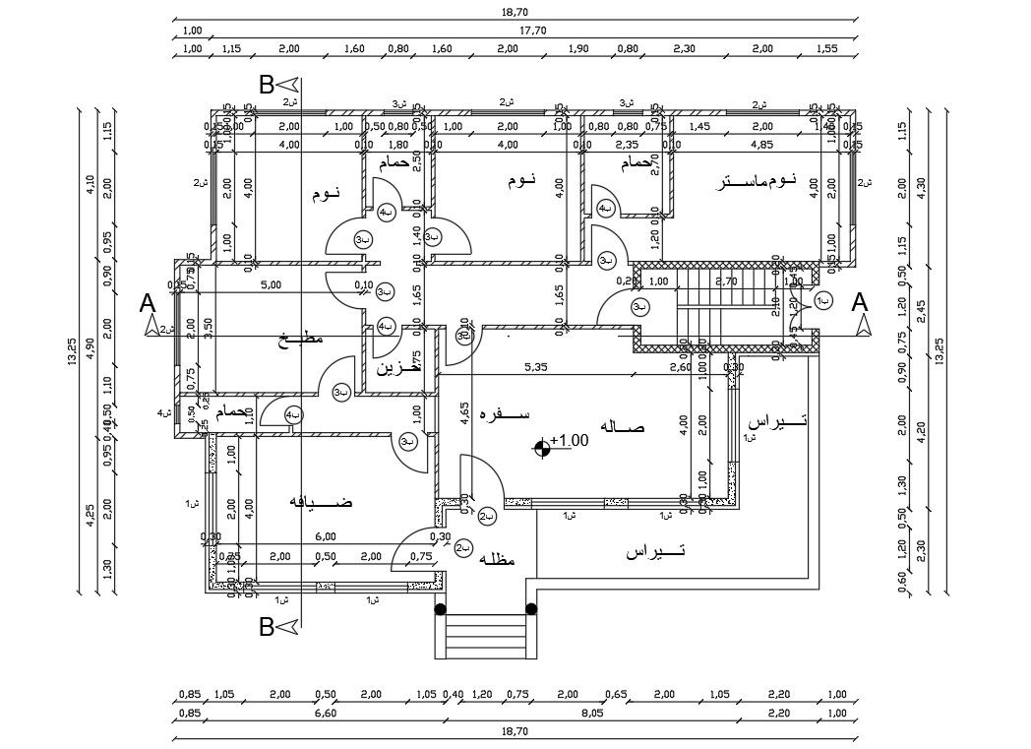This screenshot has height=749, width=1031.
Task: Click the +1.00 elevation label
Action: (570, 441)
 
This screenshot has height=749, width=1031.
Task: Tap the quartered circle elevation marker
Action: (540, 449)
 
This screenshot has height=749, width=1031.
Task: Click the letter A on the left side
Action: (148, 303)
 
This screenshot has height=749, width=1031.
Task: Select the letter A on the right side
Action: (860, 303)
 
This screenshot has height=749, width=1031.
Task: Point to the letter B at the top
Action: (266, 85)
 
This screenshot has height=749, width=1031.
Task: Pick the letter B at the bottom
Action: (266, 626)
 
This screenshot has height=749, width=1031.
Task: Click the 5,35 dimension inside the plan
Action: (536, 367)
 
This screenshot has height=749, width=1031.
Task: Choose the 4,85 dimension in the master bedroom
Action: (761, 145)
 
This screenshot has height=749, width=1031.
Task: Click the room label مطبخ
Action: (300, 340)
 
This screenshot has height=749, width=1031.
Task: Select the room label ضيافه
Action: (321, 502)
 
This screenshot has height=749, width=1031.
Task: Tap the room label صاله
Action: (628, 427)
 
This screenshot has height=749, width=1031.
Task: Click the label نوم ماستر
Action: (756, 183)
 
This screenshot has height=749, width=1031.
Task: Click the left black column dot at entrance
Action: (441, 608)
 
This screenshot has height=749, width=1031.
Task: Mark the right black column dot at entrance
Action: (531, 608)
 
